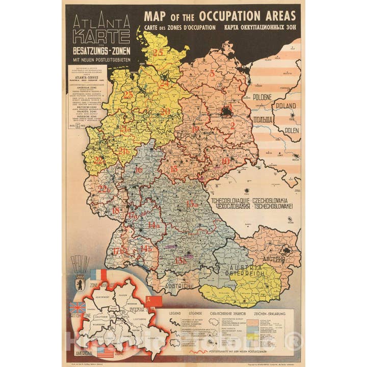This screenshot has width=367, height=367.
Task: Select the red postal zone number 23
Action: click(x=128, y=95)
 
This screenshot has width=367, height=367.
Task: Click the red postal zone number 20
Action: click(x=165, y=111)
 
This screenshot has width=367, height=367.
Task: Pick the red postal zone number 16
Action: click(x=138, y=170)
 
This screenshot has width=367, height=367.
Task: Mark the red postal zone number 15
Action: click(x=174, y=169)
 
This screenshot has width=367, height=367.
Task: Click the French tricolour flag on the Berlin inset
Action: click(x=98, y=275)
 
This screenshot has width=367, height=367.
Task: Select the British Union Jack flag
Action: click(x=77, y=307)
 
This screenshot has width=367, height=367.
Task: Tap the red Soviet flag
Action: click(x=154, y=301)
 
